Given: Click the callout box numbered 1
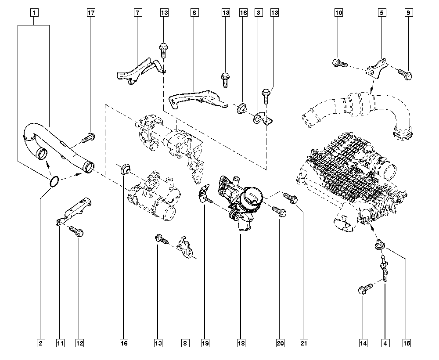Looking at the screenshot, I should (34, 13).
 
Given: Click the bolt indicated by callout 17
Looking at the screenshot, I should (87, 138).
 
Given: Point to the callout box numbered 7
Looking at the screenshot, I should (137, 13).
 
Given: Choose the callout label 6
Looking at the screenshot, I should (194, 13).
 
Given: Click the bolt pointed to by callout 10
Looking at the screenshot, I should (340, 63).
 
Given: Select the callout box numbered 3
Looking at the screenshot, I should (259, 13).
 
